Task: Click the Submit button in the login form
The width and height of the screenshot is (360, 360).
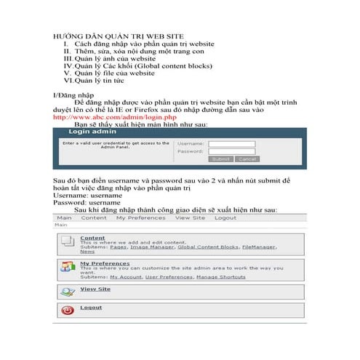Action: (220, 159)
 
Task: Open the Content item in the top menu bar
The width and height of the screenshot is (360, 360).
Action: (94, 217)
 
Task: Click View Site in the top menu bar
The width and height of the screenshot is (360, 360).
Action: (190, 217)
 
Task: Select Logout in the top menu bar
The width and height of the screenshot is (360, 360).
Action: (225, 217)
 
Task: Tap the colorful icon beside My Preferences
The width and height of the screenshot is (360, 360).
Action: (67, 267)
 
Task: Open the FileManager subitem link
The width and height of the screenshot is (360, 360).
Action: (258, 247)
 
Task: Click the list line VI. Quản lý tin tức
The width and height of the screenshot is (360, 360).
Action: (99, 81)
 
